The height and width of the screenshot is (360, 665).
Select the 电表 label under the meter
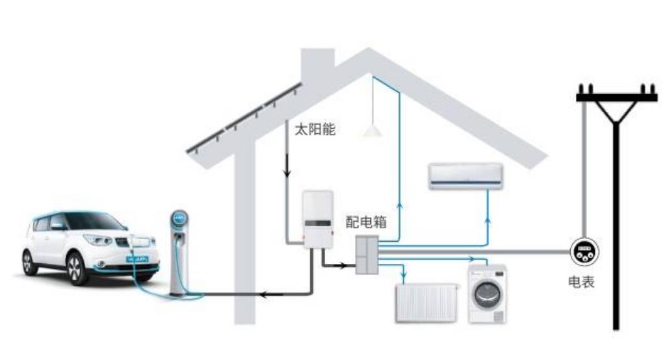coord(580,283)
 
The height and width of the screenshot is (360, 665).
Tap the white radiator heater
coord(427,302)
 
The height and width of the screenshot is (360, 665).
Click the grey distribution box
coord(367,254)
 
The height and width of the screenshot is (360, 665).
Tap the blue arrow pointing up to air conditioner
coord(489,221)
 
